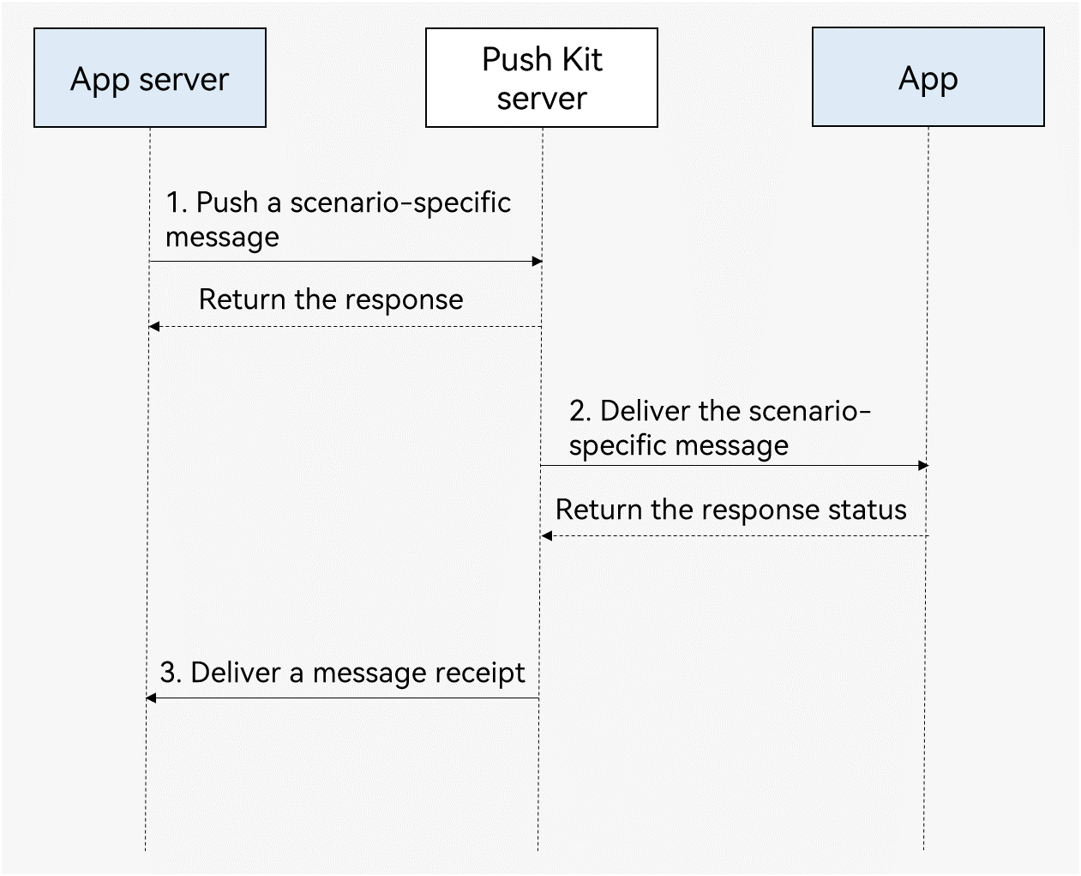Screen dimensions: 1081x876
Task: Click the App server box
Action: click(x=150, y=77)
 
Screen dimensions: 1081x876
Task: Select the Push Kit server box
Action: click(x=542, y=77)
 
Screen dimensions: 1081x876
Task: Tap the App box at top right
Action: click(x=928, y=76)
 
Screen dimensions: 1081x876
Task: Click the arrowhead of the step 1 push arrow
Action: click(x=537, y=262)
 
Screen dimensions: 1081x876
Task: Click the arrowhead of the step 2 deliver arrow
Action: click(x=923, y=465)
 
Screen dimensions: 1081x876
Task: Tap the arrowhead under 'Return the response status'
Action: click(x=547, y=535)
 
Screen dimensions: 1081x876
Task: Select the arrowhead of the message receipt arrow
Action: click(x=151, y=698)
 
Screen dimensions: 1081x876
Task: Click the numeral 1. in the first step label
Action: click(x=177, y=202)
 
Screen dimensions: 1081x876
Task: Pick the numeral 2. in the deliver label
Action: click(x=580, y=410)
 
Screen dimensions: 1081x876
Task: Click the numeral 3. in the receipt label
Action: click(x=171, y=673)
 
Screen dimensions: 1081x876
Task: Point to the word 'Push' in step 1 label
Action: click(x=227, y=202)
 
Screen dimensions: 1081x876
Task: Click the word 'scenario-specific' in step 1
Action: click(x=400, y=203)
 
